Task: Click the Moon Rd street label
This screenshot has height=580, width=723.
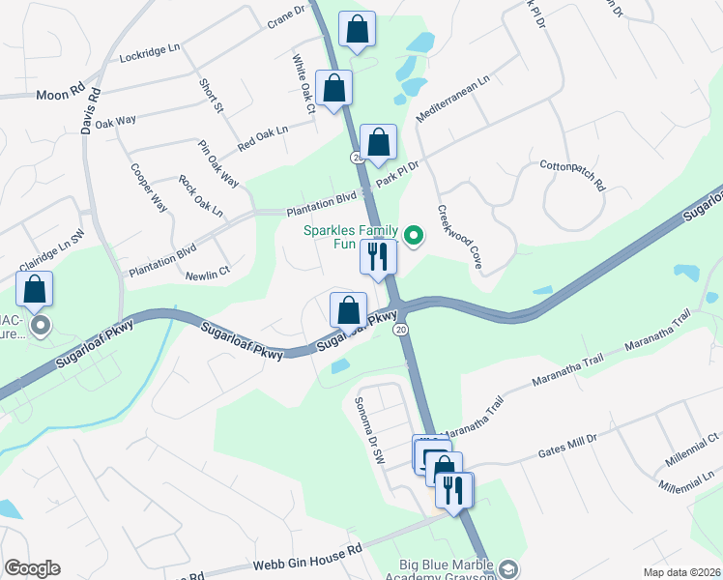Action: point(57,95)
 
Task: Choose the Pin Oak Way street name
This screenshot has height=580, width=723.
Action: point(218,164)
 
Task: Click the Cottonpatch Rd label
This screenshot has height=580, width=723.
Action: point(571,174)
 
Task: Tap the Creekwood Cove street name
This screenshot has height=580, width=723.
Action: point(459,236)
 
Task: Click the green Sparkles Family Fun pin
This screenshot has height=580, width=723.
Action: point(415,235)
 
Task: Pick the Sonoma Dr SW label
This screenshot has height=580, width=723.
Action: point(369,430)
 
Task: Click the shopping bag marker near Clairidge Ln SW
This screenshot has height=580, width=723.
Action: point(35,290)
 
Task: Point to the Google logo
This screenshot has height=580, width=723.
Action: point(32,568)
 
